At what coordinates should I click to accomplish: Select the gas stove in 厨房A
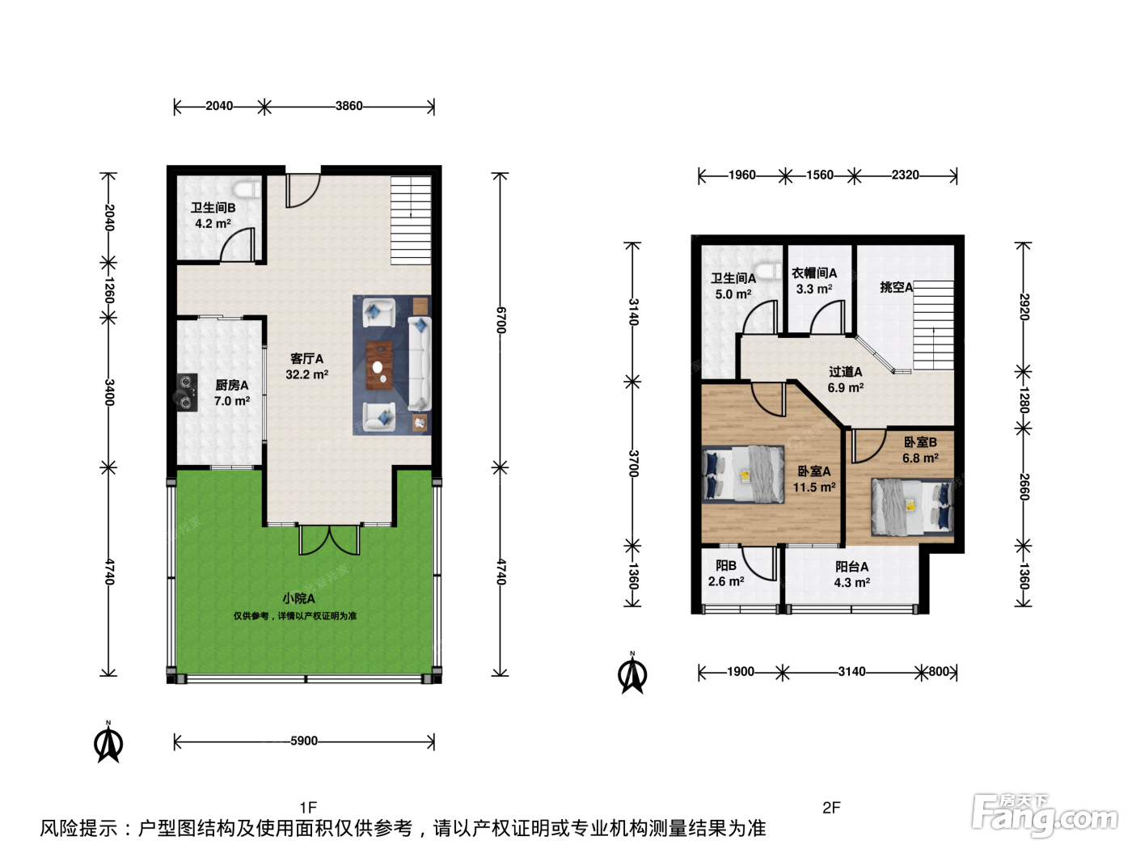click(x=187, y=392)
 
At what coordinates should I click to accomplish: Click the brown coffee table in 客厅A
click(x=379, y=365)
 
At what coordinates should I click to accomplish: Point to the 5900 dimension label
click(x=304, y=741)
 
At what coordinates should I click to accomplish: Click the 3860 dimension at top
click(x=349, y=106)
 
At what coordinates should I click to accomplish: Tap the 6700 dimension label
click(x=501, y=320)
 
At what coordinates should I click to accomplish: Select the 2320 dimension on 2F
click(x=905, y=175)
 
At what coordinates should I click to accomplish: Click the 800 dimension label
click(x=939, y=672)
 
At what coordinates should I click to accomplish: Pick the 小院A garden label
click(x=298, y=598)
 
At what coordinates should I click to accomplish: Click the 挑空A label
click(x=897, y=287)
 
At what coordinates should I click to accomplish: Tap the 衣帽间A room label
click(x=814, y=273)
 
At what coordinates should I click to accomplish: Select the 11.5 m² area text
click(x=814, y=487)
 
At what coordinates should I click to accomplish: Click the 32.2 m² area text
click(x=306, y=374)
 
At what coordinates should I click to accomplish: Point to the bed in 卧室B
click(x=912, y=507)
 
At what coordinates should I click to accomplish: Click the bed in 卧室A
click(x=743, y=475)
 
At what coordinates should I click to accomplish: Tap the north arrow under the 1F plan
click(x=108, y=742)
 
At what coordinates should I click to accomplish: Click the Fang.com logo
click(x=1044, y=815)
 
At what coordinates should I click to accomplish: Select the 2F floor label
click(x=831, y=807)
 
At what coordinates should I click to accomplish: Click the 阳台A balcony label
click(x=852, y=567)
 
